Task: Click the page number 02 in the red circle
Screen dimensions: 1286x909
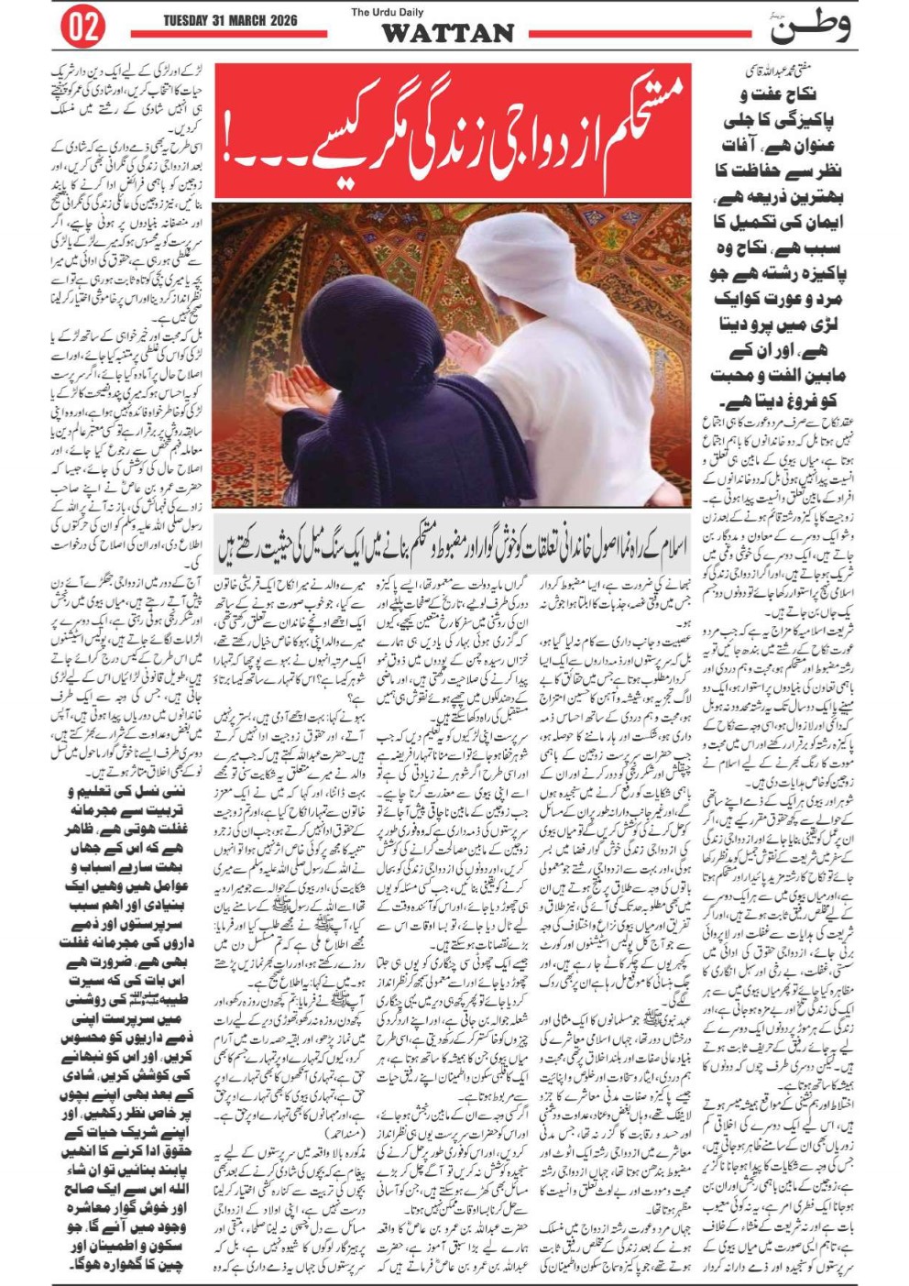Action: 82,27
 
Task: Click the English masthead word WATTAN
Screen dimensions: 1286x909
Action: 448,34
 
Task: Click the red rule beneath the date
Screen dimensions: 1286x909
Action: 229,34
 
